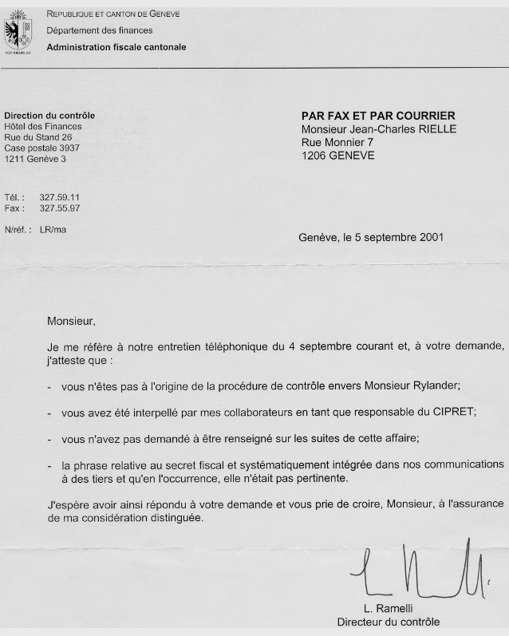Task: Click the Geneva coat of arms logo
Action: click(x=19, y=30)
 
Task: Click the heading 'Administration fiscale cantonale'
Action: click(x=116, y=47)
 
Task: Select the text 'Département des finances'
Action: click(x=98, y=30)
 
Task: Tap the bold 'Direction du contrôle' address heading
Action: click(x=49, y=116)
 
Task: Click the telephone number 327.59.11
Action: click(x=65, y=197)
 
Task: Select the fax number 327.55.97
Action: click(x=65, y=208)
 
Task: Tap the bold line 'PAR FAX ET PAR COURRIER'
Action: click(x=377, y=116)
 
